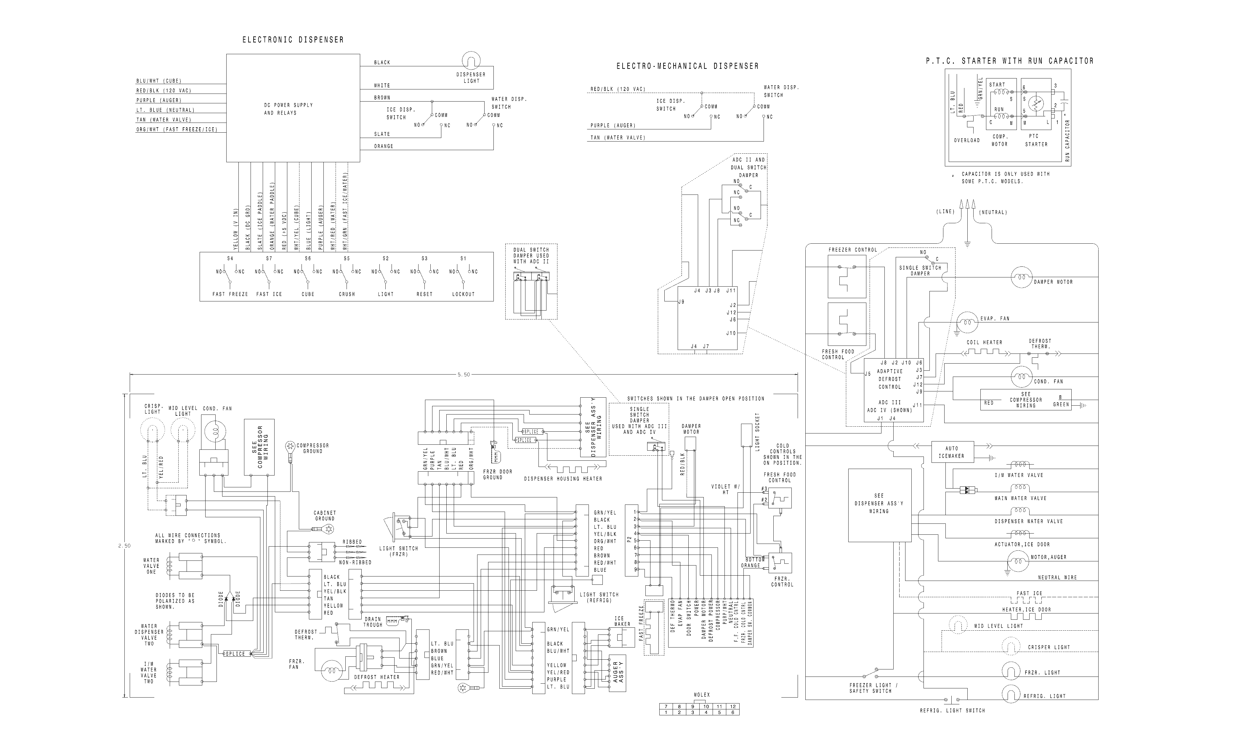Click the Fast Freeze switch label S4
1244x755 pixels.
point(230,258)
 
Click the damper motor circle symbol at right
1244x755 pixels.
point(1021,277)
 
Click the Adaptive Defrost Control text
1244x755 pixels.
point(889,379)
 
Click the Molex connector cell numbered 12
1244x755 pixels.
point(732,706)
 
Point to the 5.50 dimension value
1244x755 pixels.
point(464,375)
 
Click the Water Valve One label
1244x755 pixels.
point(151,566)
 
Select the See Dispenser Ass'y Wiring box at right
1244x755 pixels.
point(879,505)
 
